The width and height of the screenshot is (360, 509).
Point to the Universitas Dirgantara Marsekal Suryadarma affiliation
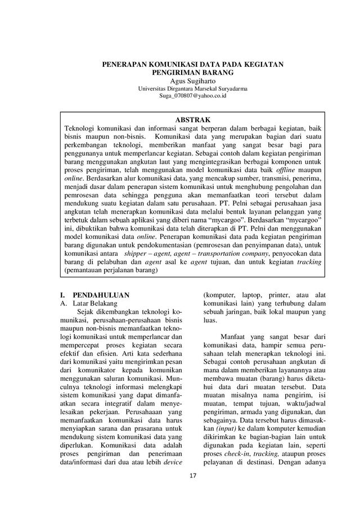click(192, 89)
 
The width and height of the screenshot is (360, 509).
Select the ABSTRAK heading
click(193, 120)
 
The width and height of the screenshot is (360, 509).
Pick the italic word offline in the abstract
click(290, 169)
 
